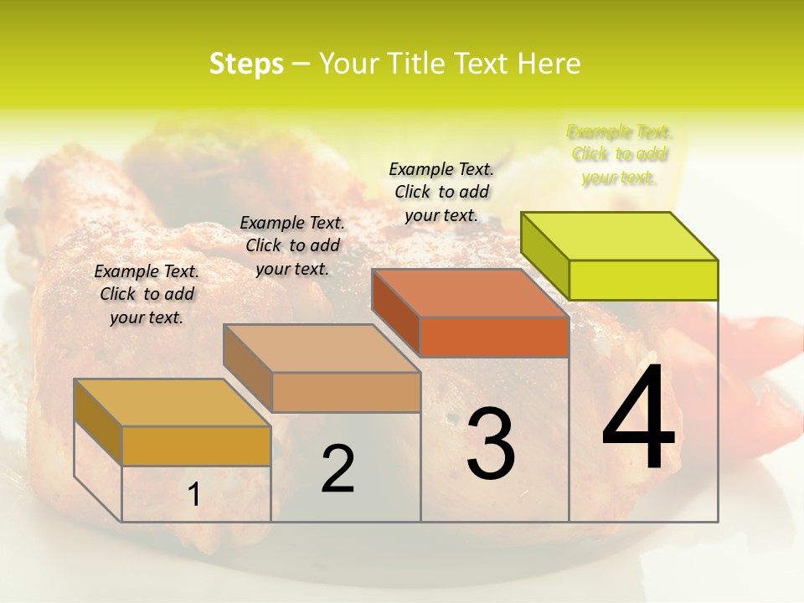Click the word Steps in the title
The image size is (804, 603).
click(x=246, y=64)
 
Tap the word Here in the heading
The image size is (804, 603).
click(x=549, y=64)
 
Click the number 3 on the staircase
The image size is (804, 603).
click(x=490, y=444)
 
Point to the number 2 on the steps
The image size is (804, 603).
click(x=338, y=469)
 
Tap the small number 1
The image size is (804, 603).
click(x=194, y=495)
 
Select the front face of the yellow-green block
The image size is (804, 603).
click(x=643, y=280)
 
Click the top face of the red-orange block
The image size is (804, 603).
click(x=471, y=293)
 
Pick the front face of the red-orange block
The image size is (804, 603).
click(x=494, y=337)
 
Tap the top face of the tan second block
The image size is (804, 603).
click(x=322, y=348)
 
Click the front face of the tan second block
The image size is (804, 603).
click(x=346, y=392)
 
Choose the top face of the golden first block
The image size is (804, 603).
click(x=173, y=402)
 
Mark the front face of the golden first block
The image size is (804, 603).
click(x=196, y=446)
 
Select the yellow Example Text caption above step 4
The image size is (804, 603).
click(x=620, y=154)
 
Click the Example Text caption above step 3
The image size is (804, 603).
click(x=441, y=192)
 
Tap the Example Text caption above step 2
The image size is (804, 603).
click(x=292, y=245)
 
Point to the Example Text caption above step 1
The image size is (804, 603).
click(x=147, y=294)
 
